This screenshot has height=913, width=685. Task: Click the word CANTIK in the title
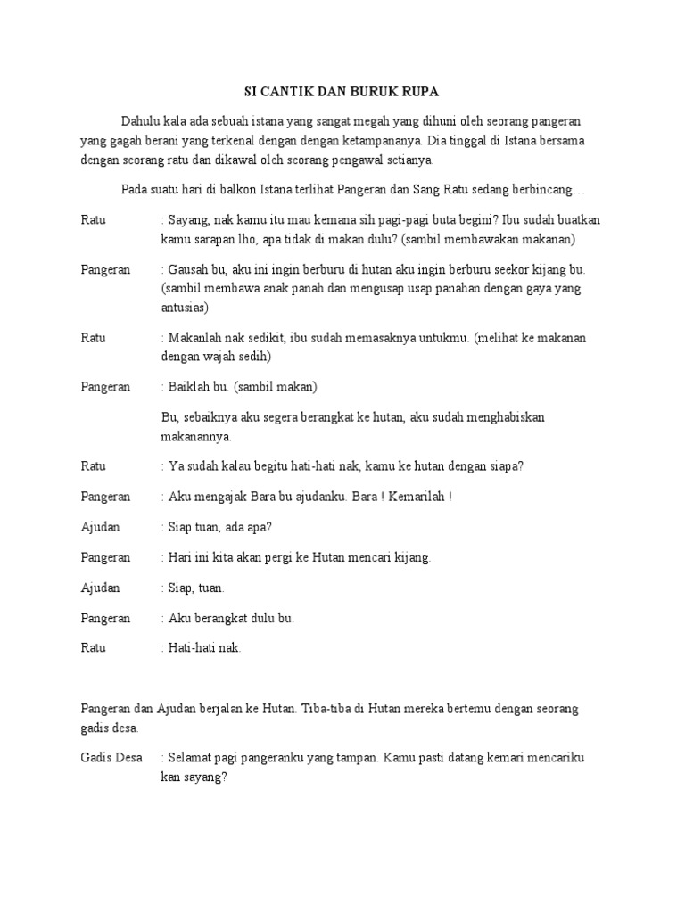284,91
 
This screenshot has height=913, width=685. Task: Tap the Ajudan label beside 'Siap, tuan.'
100,588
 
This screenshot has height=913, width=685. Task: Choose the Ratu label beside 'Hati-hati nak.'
93,648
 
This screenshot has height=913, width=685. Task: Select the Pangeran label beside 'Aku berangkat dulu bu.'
105,618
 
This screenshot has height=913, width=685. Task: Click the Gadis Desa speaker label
111,758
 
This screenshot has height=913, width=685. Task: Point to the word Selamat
190,758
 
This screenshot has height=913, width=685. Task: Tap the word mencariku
556,758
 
